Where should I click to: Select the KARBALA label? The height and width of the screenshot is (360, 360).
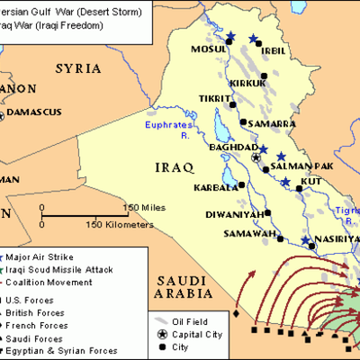[215, 188]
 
